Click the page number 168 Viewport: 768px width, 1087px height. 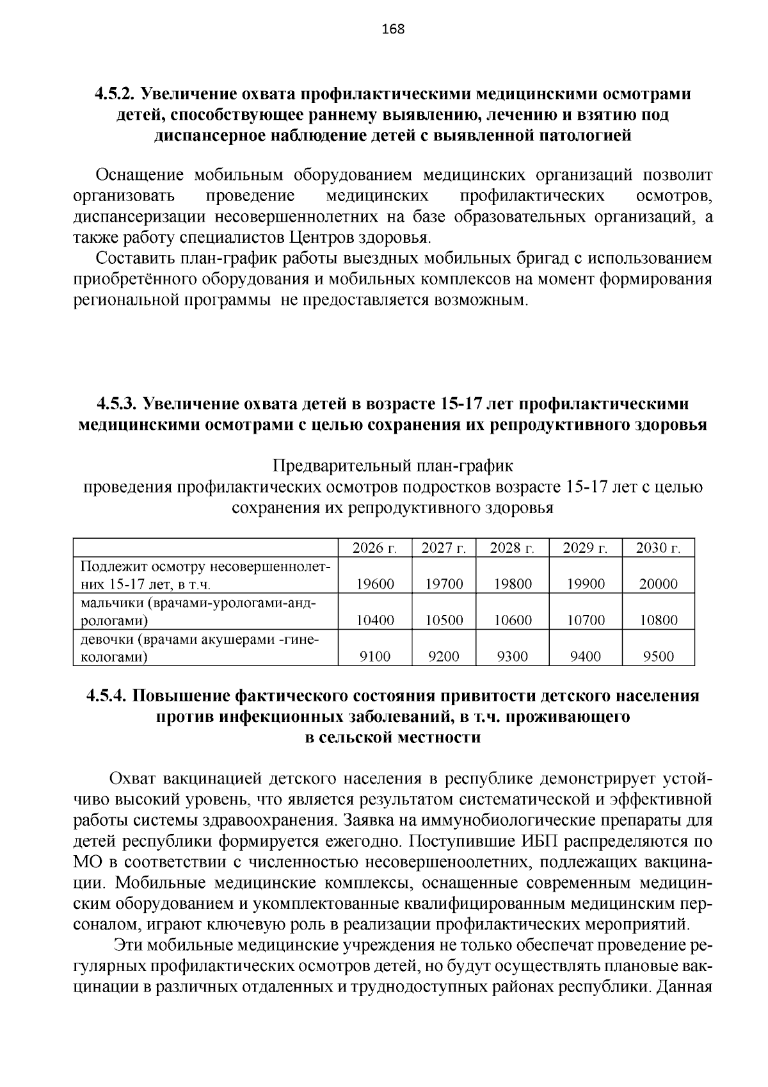click(392, 29)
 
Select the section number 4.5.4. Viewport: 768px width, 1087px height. click(107, 696)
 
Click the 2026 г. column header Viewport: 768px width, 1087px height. click(375, 548)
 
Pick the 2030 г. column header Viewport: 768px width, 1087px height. click(659, 548)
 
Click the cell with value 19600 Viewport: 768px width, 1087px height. click(375, 584)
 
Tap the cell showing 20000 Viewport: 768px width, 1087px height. click(659, 584)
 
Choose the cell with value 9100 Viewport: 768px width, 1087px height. click(375, 657)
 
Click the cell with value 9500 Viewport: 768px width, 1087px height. click(659, 657)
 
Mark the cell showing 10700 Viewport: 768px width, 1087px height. click(586, 620)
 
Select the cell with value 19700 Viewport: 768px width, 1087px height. click(444, 584)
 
